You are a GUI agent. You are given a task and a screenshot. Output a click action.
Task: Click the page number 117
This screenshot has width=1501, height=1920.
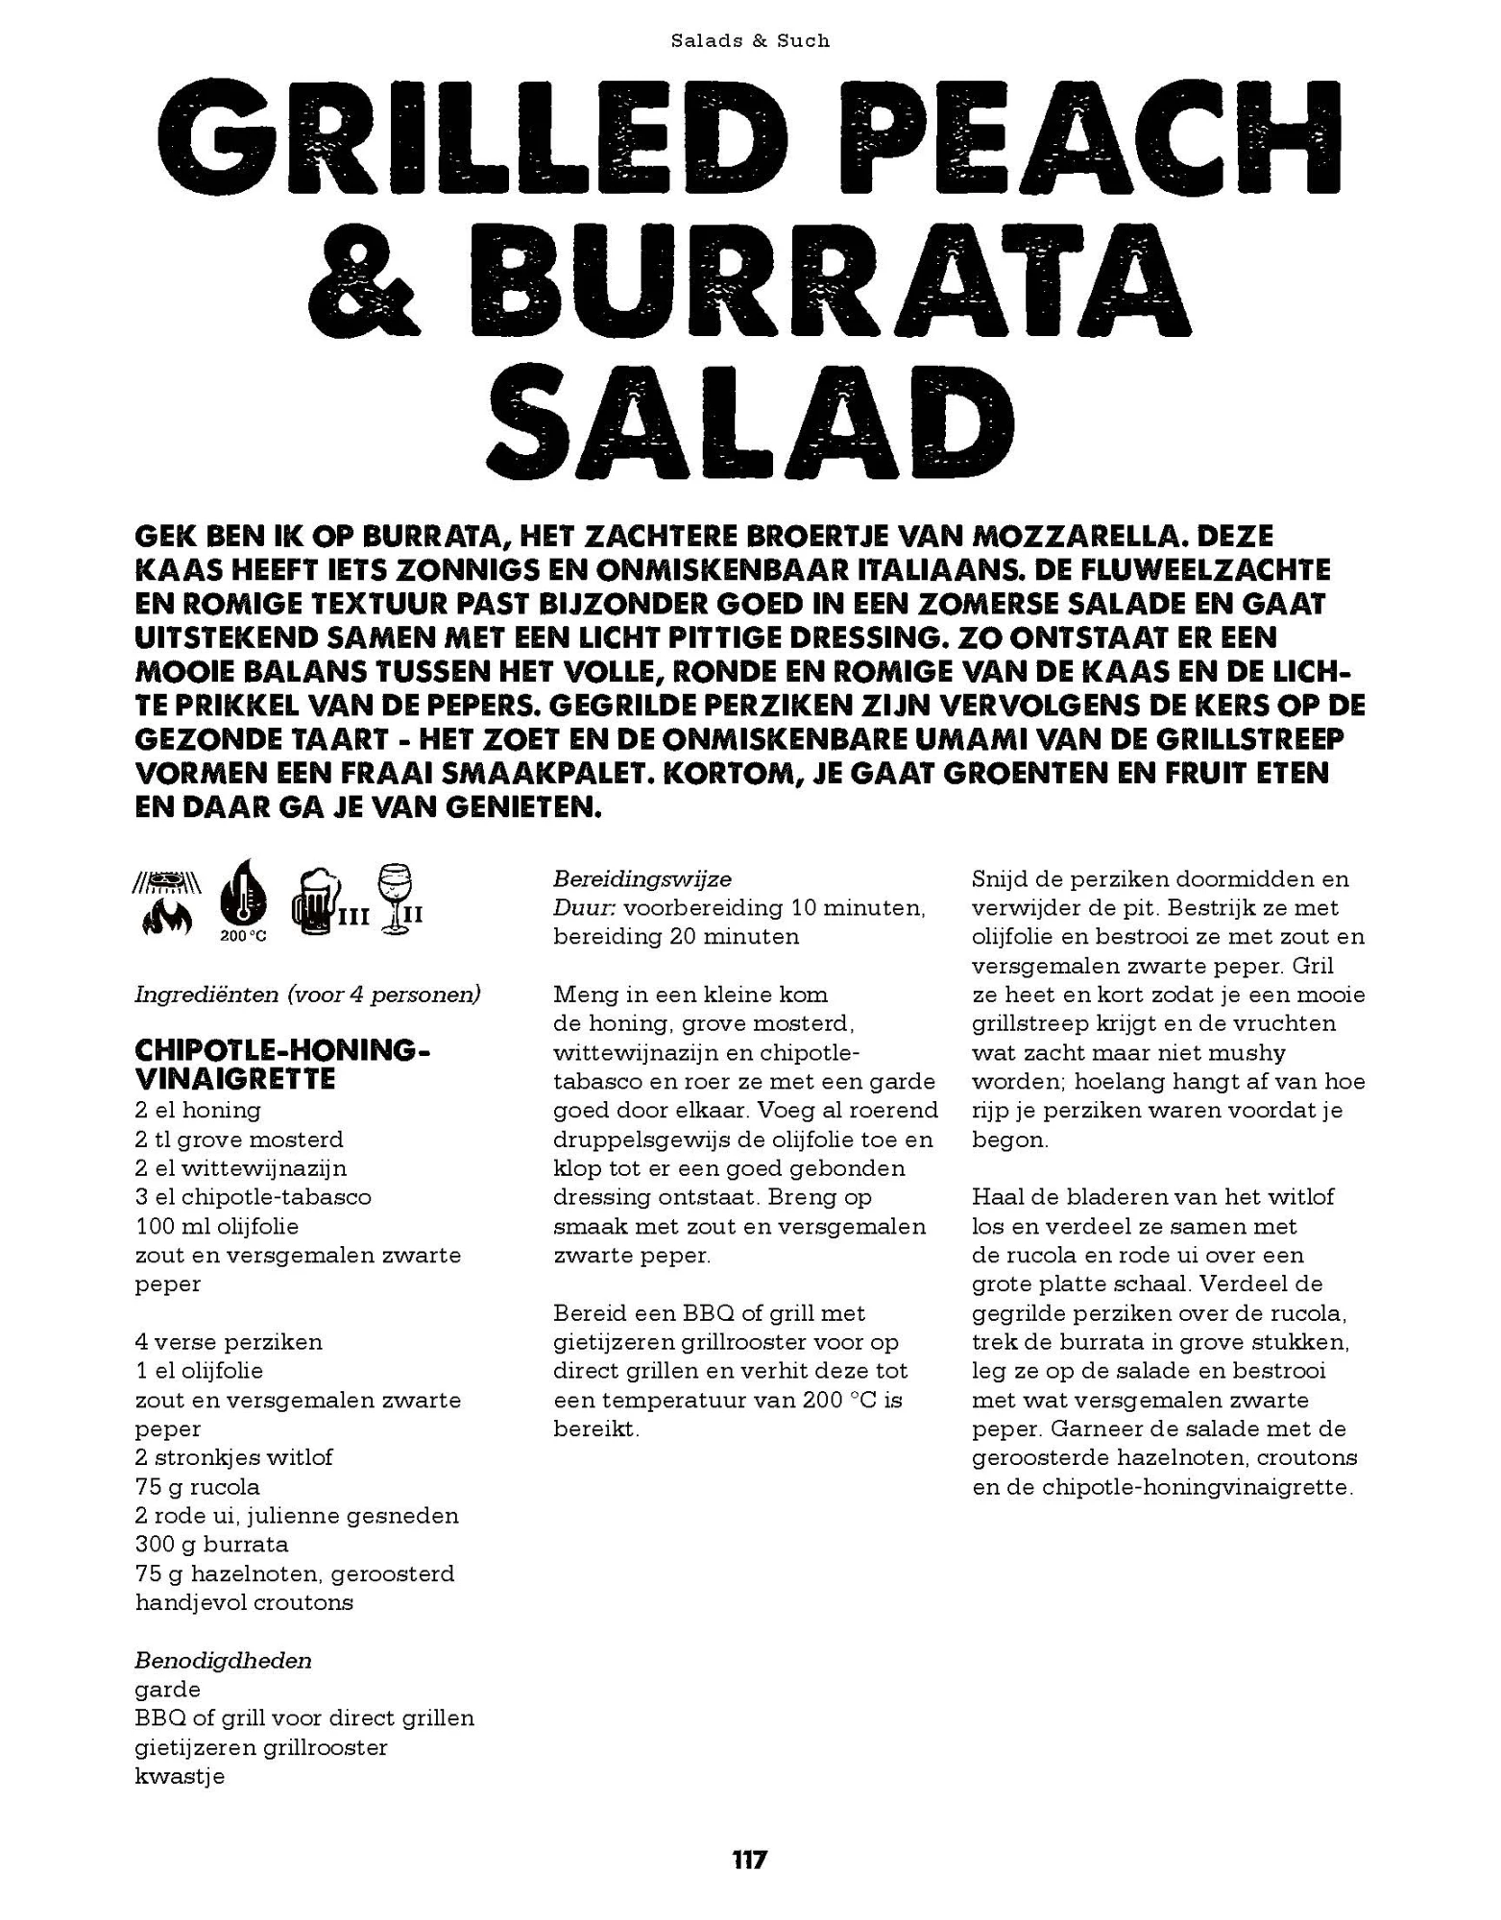pyautogui.click(x=749, y=1860)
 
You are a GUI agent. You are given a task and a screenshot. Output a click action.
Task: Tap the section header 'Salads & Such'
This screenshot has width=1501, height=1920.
pyautogui.click(x=750, y=40)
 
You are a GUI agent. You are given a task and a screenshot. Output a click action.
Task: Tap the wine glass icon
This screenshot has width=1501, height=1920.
pyautogui.click(x=394, y=900)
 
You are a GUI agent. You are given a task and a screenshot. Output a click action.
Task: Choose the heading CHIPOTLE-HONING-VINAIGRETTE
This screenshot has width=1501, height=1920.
pyautogui.click(x=282, y=1064)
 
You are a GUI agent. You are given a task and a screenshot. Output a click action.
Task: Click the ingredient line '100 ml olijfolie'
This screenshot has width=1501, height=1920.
pyautogui.click(x=217, y=1226)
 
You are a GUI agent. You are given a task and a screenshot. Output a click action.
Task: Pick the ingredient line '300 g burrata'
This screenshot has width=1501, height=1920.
pyautogui.click(x=212, y=1545)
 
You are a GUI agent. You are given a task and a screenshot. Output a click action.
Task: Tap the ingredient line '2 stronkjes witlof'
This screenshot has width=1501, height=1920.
pyautogui.click(x=234, y=1457)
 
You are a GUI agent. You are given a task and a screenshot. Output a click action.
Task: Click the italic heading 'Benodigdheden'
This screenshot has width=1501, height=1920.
pyautogui.click(x=223, y=1661)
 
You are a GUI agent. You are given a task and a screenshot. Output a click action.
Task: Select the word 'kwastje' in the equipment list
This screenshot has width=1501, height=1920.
pyautogui.click(x=180, y=1776)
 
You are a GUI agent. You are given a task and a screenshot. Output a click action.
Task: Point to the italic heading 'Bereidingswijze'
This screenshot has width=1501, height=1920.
pyautogui.click(x=642, y=878)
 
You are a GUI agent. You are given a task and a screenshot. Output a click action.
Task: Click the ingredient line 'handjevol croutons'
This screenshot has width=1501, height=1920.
pyautogui.click(x=244, y=1602)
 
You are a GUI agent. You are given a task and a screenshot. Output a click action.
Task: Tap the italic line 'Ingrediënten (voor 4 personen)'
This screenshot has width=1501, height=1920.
pyautogui.click(x=307, y=994)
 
